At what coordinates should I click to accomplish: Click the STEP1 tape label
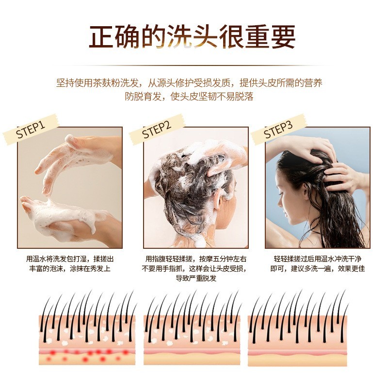tap(30, 131)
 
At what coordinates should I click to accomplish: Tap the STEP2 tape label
tap(157, 129)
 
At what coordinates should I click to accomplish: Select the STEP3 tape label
tap(278, 130)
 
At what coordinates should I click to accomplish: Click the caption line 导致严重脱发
tap(195, 278)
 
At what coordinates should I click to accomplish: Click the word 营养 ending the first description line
tap(313, 83)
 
